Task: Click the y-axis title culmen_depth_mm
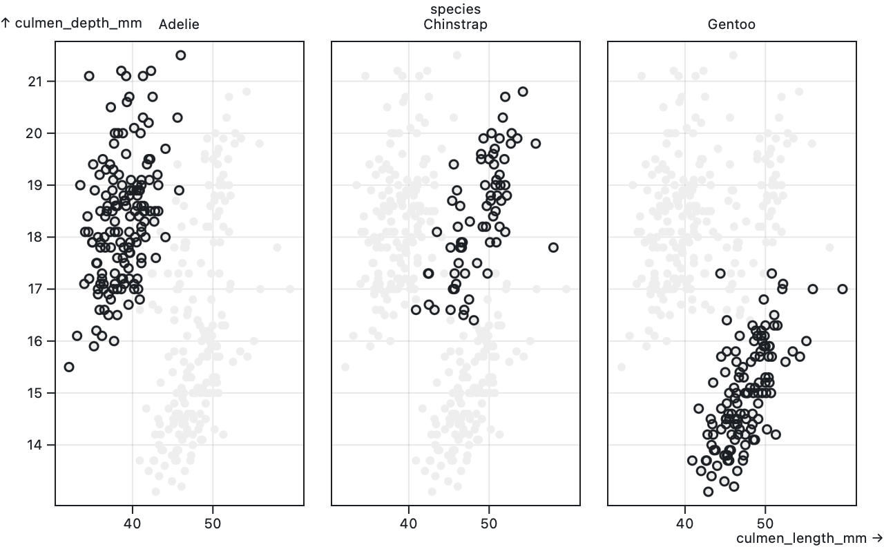72,23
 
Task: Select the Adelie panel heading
179,25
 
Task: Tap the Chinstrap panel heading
455,25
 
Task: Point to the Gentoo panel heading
731,25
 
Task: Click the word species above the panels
455,9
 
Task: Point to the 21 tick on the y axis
35,81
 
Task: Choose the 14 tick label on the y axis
35,445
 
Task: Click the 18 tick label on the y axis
35,237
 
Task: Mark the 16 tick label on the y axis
35,341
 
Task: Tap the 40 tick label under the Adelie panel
132,524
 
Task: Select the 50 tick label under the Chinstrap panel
489,524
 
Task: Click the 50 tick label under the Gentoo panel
765,524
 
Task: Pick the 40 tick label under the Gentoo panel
684,524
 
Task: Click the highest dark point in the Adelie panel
180,55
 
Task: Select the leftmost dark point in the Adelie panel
69,367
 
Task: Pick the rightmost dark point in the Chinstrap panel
553,247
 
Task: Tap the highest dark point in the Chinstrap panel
523,92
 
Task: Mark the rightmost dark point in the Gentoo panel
843,289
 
